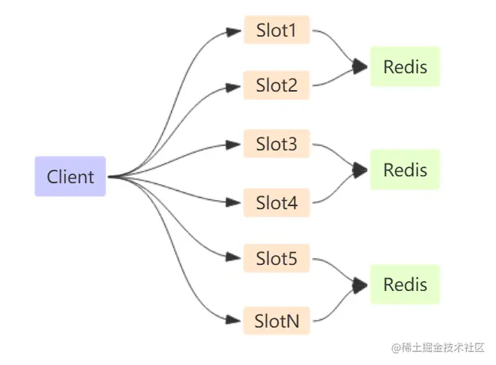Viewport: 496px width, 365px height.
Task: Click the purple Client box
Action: pyautogui.click(x=70, y=176)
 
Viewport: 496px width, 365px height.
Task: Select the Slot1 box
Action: pyautogui.click(x=277, y=30)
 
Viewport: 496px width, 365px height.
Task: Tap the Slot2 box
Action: pyautogui.click(x=277, y=86)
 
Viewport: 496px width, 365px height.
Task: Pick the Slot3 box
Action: pyautogui.click(x=277, y=144)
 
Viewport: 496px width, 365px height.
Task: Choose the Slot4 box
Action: pyautogui.click(x=277, y=202)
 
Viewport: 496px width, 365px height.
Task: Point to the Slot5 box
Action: pyautogui.click(x=277, y=258)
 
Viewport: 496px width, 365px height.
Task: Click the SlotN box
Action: pyautogui.click(x=277, y=321)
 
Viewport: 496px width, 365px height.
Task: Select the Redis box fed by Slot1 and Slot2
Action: pyautogui.click(x=405, y=66)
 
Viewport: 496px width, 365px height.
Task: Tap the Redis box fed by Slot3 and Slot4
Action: pyautogui.click(x=405, y=170)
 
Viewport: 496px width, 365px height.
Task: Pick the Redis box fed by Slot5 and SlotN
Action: pyautogui.click(x=405, y=284)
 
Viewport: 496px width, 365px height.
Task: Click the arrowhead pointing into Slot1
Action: pyautogui.click(x=234, y=31)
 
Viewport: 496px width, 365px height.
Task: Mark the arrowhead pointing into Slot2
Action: pyautogui.click(x=233, y=87)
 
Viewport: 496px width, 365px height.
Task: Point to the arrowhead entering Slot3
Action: pyautogui.click(x=233, y=145)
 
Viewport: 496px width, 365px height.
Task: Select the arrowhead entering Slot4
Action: pyautogui.click(x=233, y=202)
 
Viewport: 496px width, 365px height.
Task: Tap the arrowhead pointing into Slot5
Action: pyautogui.click(x=233, y=257)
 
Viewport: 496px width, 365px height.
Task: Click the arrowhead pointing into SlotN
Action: pyautogui.click(x=233, y=320)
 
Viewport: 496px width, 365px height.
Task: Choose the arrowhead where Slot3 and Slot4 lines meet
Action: pyautogui.click(x=360, y=170)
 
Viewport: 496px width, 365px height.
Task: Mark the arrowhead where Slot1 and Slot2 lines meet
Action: pyautogui.click(x=360, y=66)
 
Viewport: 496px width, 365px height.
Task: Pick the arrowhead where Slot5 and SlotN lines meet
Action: pyautogui.click(x=360, y=285)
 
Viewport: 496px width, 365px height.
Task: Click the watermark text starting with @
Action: pyautogui.click(x=438, y=347)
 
